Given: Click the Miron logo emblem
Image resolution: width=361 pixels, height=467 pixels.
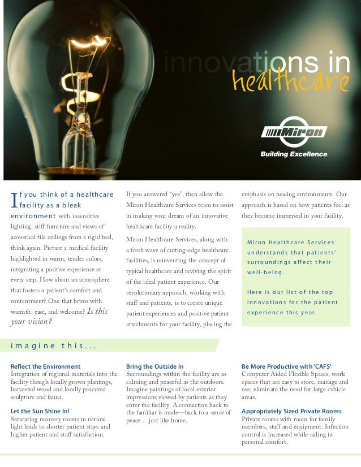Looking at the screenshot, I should pos(294,132).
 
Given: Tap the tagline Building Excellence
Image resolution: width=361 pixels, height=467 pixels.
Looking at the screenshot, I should pos(294,154).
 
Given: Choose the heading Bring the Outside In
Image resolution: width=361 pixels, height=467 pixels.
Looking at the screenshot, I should pos(154,366).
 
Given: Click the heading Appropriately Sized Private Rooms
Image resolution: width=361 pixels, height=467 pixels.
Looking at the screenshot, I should pos(291,411).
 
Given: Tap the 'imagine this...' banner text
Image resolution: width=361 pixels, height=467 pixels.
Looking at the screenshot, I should pos(48,345).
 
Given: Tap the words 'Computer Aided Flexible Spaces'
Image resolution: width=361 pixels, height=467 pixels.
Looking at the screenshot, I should pos(285,374).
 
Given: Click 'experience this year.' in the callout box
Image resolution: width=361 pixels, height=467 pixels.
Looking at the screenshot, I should pos(282,312).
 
